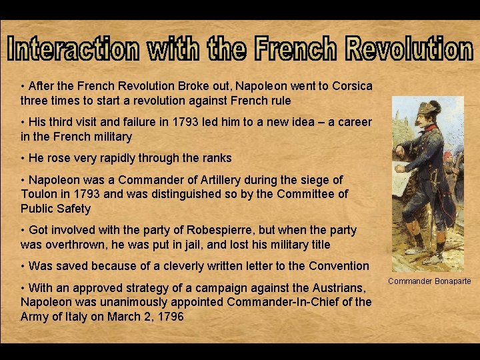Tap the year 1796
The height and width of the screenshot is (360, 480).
169,317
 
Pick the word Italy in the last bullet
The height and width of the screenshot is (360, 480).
68,317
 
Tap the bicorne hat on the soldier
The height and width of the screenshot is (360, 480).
419,111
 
